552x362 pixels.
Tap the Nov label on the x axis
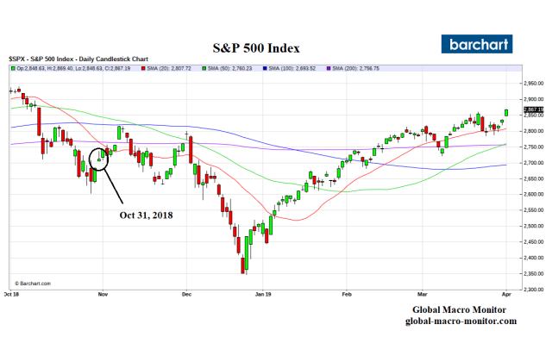click(x=102, y=294)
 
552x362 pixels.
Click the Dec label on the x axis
click(x=185, y=294)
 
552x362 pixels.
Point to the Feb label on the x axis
click(x=346, y=294)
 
